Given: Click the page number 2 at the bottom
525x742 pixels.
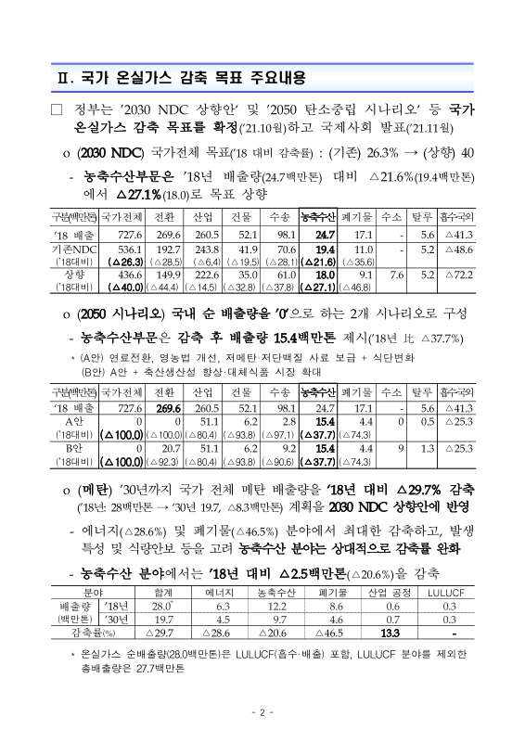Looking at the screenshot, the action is pos(262,712).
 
